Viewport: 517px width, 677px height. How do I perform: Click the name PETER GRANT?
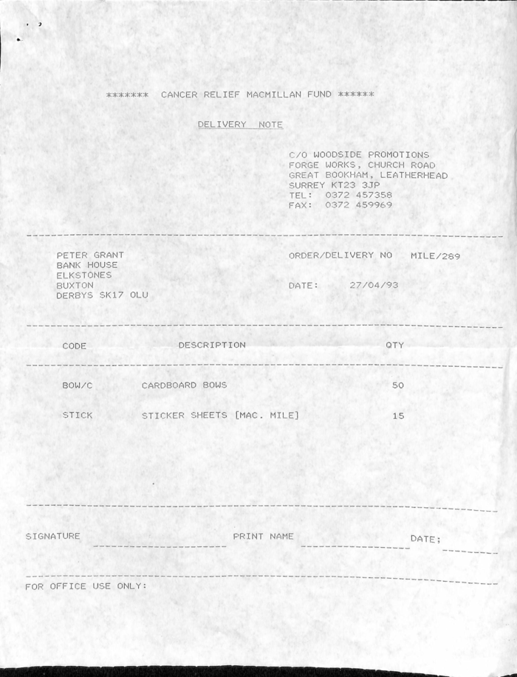click(90, 255)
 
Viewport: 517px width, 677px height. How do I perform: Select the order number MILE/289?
click(435, 255)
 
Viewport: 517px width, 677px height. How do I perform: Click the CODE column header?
click(75, 346)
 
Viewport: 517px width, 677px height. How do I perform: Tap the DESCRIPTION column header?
click(212, 345)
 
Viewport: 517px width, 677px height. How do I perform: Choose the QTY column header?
click(394, 346)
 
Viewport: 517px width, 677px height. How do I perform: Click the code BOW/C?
click(78, 385)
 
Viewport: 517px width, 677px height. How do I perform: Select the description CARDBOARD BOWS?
click(184, 385)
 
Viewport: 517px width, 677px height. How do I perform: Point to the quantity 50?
click(398, 385)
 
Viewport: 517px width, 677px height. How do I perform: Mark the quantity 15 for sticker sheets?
click(398, 416)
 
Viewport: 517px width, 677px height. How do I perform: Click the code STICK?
click(78, 416)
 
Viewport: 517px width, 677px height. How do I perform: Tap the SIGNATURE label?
click(52, 536)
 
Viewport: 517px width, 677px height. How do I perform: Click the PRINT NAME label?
click(263, 536)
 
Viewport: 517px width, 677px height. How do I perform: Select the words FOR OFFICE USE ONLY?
click(86, 586)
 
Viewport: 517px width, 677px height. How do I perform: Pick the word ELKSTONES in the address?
click(84, 275)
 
